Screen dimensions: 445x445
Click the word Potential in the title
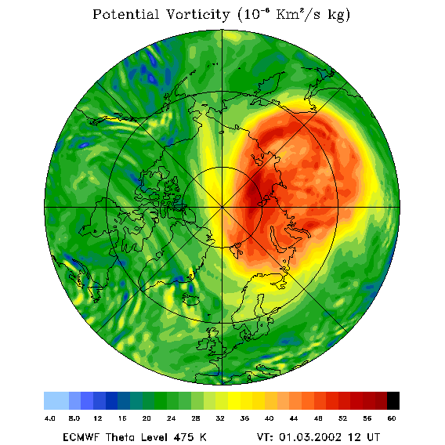click(125, 14)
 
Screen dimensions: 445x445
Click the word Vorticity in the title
click(197, 14)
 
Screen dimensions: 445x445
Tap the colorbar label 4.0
click(50, 418)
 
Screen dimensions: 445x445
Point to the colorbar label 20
click(147, 418)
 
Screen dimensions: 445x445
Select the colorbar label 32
click(220, 418)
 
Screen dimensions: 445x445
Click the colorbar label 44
click(294, 418)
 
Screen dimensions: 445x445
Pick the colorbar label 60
click(392, 418)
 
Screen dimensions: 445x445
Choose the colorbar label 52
click(342, 418)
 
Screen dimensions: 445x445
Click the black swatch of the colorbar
click(393, 400)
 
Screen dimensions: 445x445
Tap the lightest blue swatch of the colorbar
click(56, 400)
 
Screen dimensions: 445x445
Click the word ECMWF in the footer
click(81, 436)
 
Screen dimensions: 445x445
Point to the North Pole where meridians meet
click(222, 208)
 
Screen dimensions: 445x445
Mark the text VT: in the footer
click(265, 436)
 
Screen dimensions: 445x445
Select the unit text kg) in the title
click(339, 15)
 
